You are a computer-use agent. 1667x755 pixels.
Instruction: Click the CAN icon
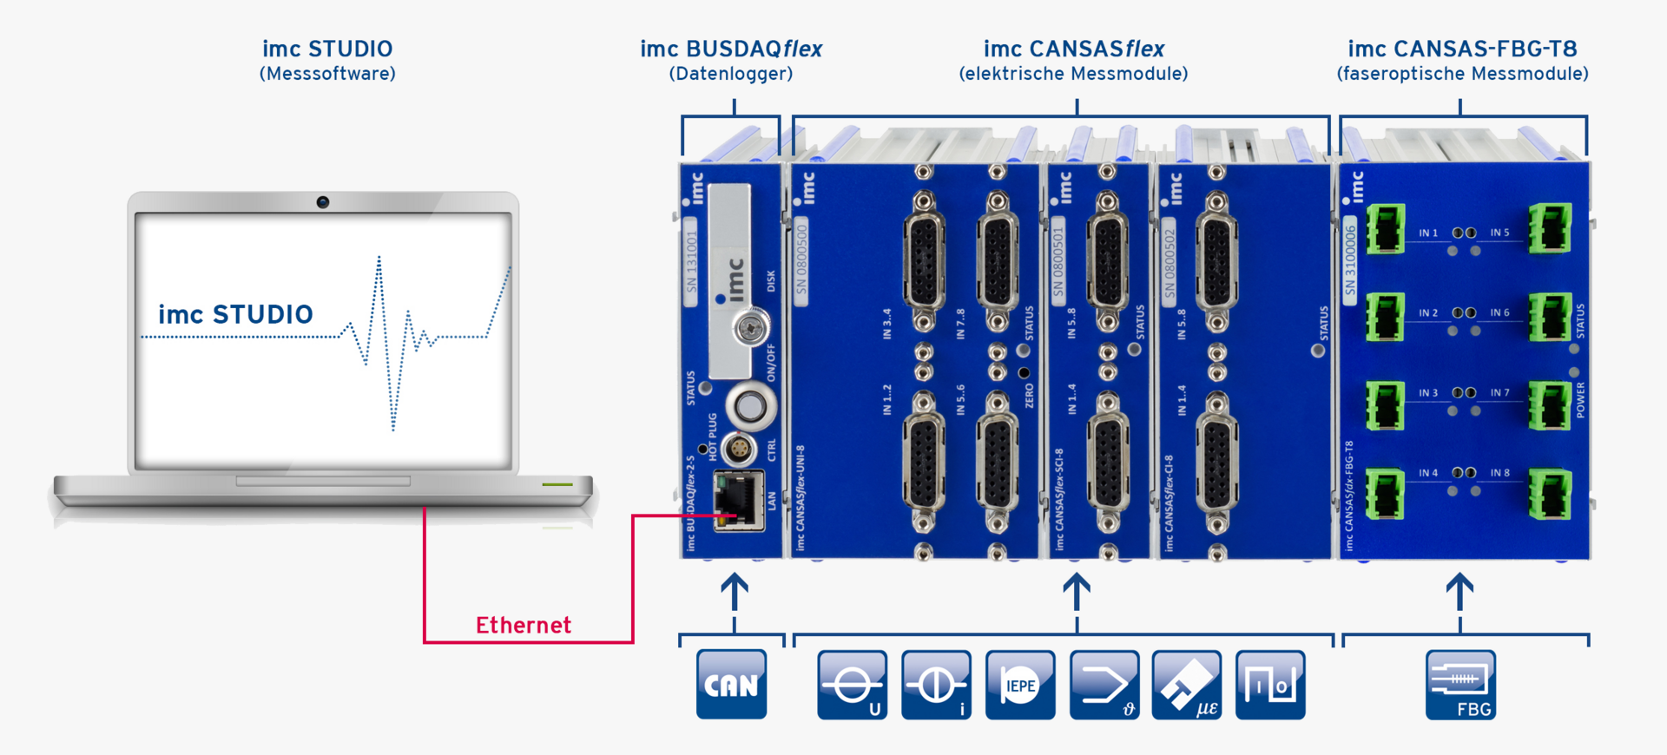tap(731, 685)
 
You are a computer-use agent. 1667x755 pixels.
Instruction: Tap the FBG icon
tap(1460, 685)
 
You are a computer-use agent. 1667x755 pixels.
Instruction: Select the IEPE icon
tap(1020, 685)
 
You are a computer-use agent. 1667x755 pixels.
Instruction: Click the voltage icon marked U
tap(852, 685)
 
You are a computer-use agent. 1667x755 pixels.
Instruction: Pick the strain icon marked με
tap(1187, 685)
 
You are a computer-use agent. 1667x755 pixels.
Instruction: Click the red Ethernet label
tap(524, 625)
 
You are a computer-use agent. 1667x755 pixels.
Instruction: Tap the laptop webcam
tap(323, 202)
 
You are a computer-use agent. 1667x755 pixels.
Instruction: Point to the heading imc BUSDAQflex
tap(731, 49)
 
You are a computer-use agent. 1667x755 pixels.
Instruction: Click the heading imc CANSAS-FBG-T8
tap(1462, 49)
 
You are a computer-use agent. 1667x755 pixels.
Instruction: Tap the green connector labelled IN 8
tap(1550, 493)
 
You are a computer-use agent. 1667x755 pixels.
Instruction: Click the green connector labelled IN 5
tap(1550, 227)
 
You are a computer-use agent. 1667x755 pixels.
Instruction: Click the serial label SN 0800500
tap(801, 260)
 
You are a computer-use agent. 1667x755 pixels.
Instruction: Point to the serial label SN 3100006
tap(1350, 260)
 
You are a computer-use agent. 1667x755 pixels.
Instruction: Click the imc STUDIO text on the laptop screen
tap(235, 314)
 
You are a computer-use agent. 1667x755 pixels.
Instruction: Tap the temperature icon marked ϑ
tap(1104, 685)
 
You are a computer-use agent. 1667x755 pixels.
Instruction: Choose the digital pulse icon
tap(1270, 685)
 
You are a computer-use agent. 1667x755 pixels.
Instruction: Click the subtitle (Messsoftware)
tap(327, 74)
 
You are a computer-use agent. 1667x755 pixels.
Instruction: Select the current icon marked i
tap(936, 685)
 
